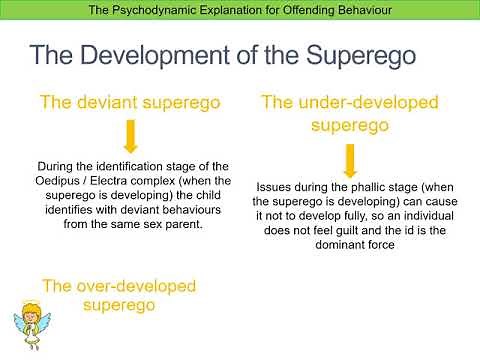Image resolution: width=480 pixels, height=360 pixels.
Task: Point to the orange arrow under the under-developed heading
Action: (349, 159)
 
